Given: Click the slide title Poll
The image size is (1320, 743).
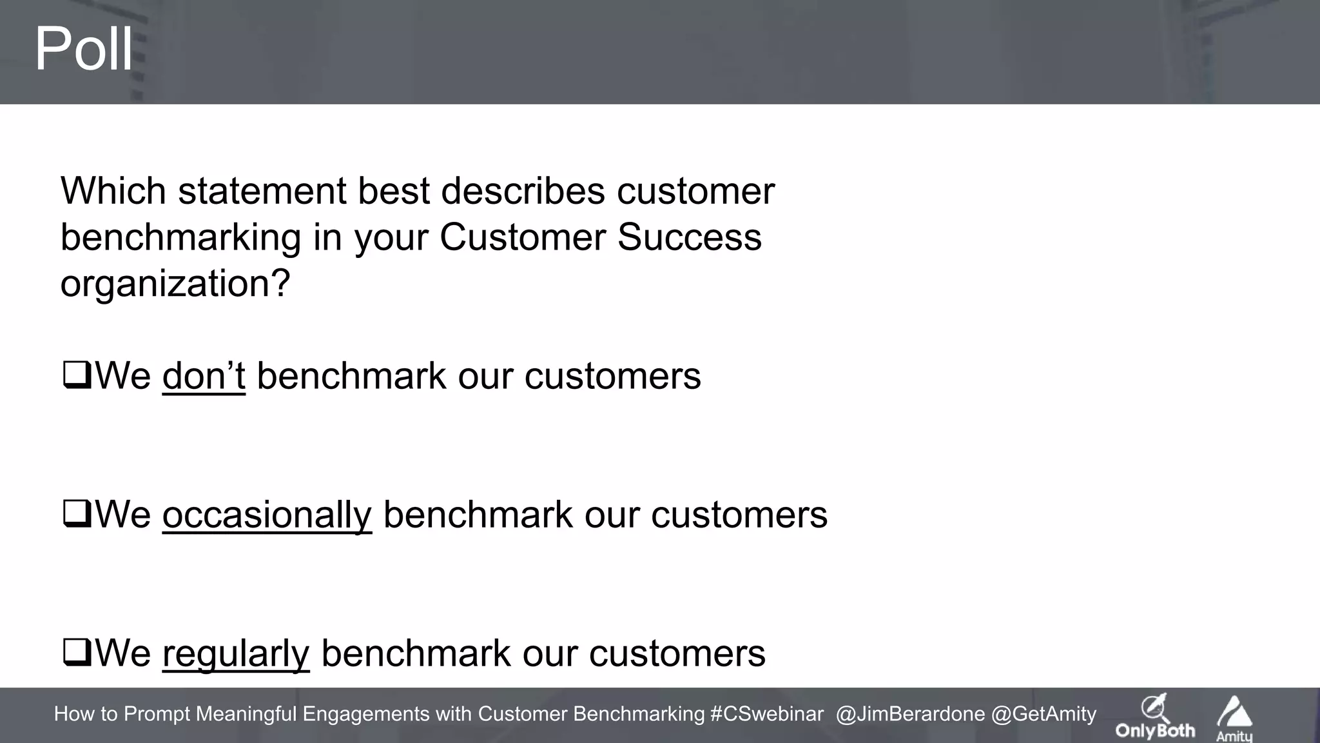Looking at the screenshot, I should [x=83, y=49].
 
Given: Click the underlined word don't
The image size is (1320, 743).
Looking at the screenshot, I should [x=204, y=376].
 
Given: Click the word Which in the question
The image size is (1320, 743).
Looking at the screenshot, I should [x=113, y=191].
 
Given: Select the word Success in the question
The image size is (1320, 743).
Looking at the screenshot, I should [x=689, y=237].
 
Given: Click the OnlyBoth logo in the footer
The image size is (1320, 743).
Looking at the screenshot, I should [x=1155, y=717].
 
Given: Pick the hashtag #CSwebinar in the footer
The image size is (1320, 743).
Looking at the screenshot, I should [x=766, y=714].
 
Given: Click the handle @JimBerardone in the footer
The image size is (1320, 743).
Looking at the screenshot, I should [x=909, y=714].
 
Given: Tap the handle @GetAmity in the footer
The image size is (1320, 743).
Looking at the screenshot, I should [x=1043, y=714].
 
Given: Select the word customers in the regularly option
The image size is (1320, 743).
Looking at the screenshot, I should [x=677, y=653].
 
